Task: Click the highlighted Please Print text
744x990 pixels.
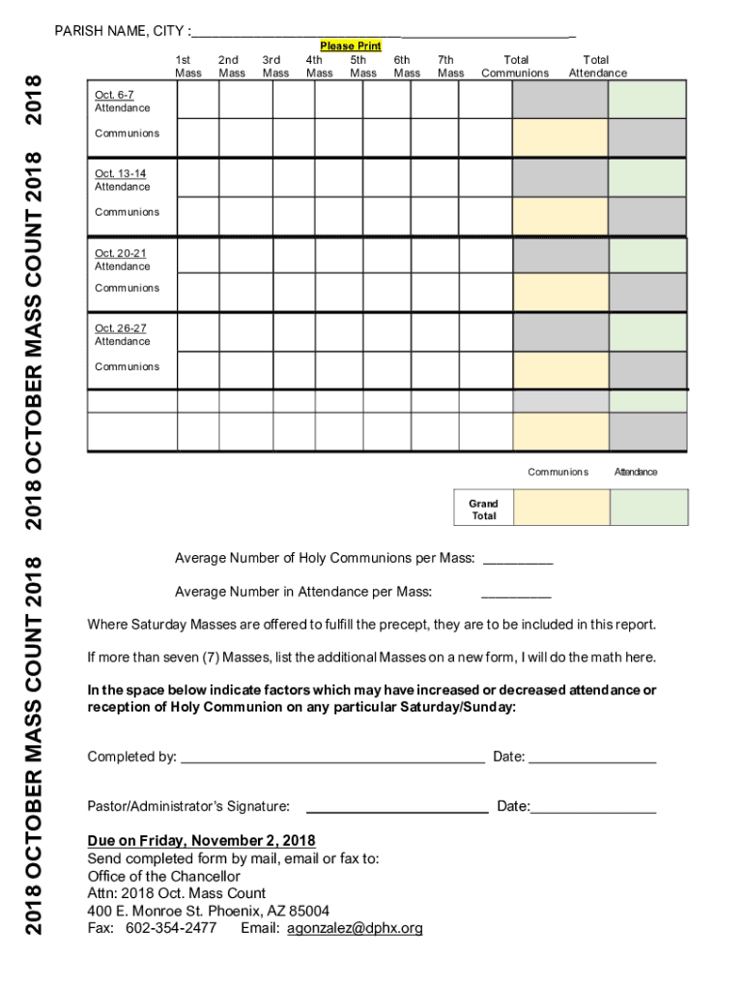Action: click(x=351, y=45)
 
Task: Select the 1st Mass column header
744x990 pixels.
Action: click(x=187, y=66)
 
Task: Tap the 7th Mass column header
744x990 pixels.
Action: click(x=450, y=66)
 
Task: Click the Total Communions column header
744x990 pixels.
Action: click(x=515, y=66)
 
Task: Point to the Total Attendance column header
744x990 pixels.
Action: click(x=597, y=66)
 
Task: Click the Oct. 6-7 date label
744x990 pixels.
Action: click(x=114, y=95)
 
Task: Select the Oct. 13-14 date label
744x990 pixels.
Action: click(x=120, y=174)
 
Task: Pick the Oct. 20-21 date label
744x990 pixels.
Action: click(x=120, y=253)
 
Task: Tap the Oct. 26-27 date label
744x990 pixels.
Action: click(x=120, y=329)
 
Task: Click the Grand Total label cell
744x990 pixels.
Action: click(x=483, y=510)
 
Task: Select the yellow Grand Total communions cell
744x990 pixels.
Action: click(x=561, y=508)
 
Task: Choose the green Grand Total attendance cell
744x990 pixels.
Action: click(x=648, y=508)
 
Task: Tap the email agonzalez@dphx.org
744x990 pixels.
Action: click(x=355, y=928)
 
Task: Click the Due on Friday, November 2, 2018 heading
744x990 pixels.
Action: click(x=201, y=839)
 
